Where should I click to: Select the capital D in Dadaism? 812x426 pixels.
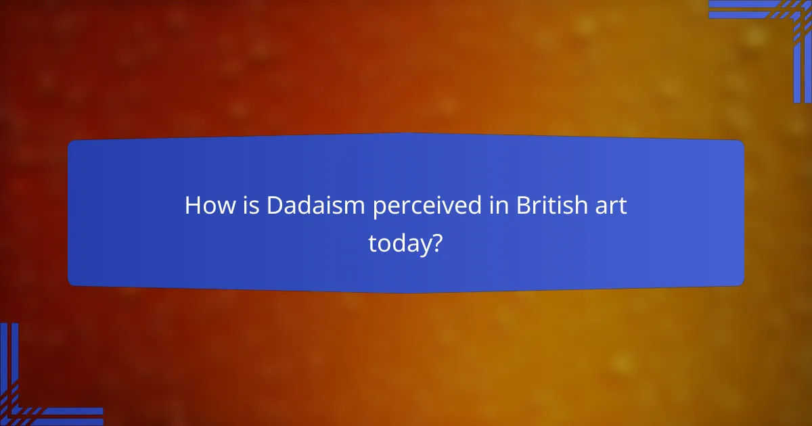(274, 206)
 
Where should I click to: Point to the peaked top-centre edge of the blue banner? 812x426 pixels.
(406, 134)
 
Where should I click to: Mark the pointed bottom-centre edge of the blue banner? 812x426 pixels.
(406, 292)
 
